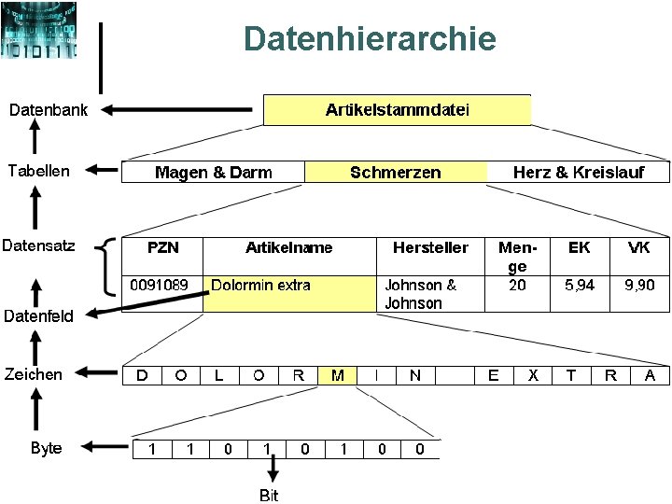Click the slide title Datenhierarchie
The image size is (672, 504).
(370, 39)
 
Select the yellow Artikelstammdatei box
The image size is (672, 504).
(397, 110)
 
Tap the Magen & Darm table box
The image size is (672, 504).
(214, 172)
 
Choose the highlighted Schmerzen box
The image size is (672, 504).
(396, 172)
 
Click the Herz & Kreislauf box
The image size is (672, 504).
(578, 172)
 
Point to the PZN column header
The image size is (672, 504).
(163, 247)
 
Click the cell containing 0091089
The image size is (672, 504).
(160, 285)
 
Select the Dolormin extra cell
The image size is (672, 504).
(261, 286)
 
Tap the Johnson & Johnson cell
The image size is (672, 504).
(421, 294)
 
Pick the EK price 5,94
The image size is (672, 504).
(580, 285)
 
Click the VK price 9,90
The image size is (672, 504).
(639, 285)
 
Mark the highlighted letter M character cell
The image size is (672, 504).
(338, 375)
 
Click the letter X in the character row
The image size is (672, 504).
(533, 375)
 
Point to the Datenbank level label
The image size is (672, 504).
(49, 110)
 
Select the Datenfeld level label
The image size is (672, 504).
(38, 315)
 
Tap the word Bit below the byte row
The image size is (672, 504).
(269, 495)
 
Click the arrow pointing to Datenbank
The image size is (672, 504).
(177, 110)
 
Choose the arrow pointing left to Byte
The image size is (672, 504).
(103, 448)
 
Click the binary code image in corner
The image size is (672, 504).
(40, 30)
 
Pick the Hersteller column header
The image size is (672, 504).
(430, 247)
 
